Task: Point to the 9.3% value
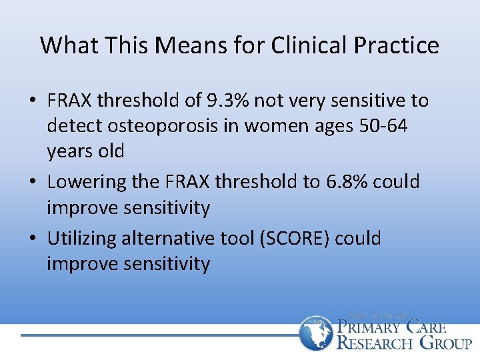pyautogui.click(x=224, y=101)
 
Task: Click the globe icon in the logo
pyautogui.click(x=315, y=333)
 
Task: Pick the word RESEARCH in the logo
pyautogui.click(x=375, y=343)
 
